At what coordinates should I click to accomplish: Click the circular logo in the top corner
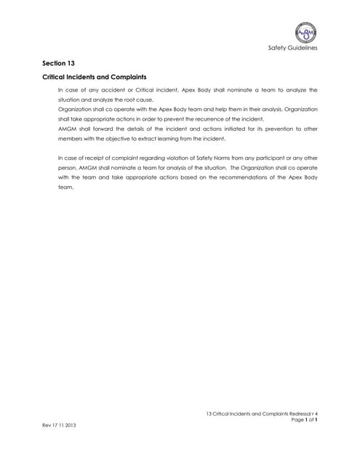click(x=305, y=33)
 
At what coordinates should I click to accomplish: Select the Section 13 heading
click(x=60, y=63)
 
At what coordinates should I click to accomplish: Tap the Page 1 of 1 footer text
click(x=305, y=421)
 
